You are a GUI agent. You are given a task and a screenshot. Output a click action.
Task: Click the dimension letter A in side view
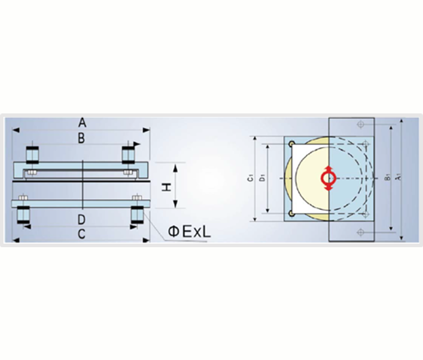point(82,122)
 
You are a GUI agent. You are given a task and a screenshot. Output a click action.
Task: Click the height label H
point(167,186)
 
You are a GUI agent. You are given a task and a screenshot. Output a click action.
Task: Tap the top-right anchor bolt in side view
point(129,153)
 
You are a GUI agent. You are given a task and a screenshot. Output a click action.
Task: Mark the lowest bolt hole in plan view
point(360,232)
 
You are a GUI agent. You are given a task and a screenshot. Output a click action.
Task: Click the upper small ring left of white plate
point(291,144)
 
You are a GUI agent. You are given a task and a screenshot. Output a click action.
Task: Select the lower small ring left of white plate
point(291,213)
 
